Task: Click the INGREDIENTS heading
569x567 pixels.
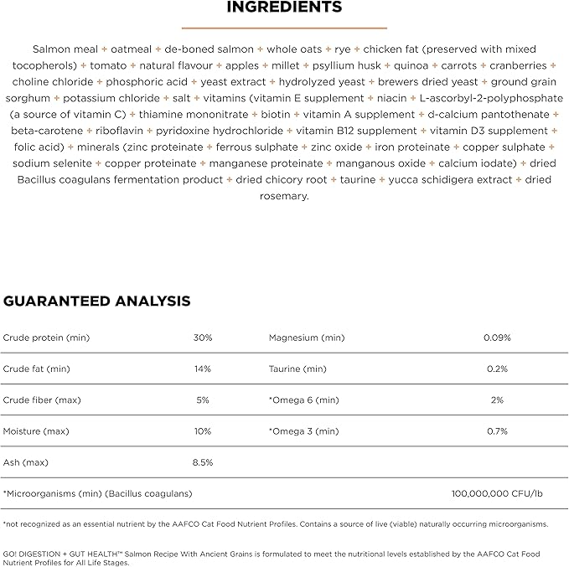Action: pos(285,8)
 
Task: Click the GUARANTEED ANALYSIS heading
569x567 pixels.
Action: pos(97,301)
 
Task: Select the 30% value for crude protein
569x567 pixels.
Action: pos(203,338)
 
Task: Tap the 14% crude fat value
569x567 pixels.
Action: pos(203,369)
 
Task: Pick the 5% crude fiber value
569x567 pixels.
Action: pos(203,399)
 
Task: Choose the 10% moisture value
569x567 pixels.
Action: pos(203,431)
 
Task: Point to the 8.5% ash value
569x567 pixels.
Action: pos(203,462)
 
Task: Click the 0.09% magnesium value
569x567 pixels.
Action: pos(497,338)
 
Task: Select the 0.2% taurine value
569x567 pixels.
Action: pos(497,369)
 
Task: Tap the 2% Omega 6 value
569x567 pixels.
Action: pos(497,399)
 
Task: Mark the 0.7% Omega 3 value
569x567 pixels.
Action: pos(497,431)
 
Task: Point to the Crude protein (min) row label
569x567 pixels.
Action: pos(46,338)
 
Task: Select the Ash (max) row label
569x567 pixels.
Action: pos(26,462)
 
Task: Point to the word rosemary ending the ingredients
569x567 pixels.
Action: pos(285,197)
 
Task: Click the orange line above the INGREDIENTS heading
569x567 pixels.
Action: pos(285,27)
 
